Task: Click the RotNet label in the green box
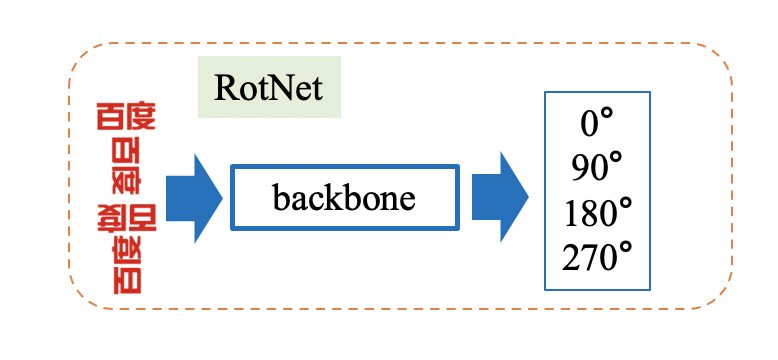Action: point(269,88)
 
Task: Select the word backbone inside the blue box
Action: point(343,197)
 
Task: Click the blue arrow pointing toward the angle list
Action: point(499,197)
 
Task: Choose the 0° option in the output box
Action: point(597,123)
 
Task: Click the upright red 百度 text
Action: point(126,117)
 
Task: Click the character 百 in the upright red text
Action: point(109,117)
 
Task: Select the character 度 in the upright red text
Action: point(141,117)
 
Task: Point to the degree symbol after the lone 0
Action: point(606,116)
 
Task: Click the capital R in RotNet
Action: point(225,88)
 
